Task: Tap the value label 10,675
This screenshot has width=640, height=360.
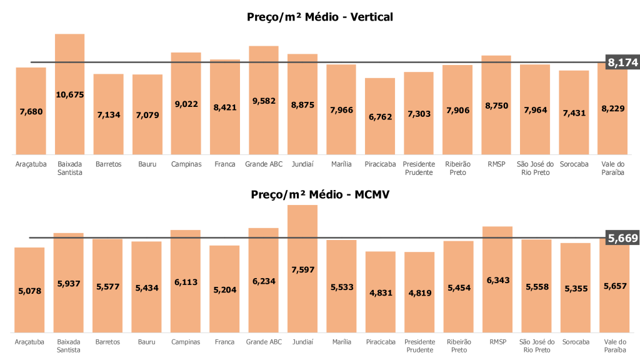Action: click(69, 95)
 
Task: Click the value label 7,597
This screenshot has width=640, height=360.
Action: click(302, 270)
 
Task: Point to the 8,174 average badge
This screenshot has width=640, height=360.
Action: click(622, 62)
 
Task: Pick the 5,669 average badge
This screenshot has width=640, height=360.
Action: click(622, 237)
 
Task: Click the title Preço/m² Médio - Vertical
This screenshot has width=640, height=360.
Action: click(320, 17)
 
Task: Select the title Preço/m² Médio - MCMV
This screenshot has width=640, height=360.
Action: click(320, 194)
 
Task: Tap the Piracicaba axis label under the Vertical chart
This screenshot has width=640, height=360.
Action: click(380, 164)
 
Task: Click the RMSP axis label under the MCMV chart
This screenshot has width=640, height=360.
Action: click(497, 342)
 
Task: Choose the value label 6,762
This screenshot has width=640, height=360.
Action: click(380, 116)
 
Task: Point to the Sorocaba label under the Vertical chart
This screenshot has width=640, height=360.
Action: click(574, 164)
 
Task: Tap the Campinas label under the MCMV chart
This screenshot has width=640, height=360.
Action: click(186, 342)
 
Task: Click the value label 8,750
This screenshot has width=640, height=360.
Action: click(497, 106)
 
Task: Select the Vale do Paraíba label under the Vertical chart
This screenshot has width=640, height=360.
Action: click(613, 168)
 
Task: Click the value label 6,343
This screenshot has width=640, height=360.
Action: click(497, 280)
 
